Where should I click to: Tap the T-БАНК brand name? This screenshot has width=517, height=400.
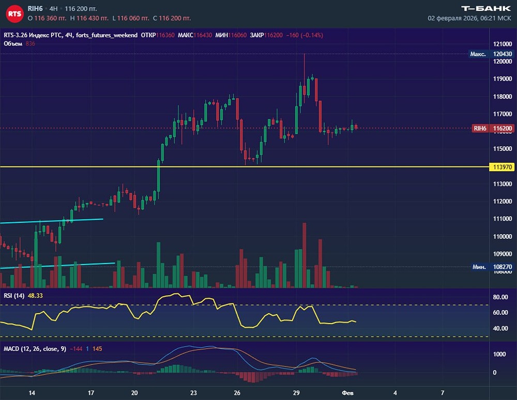(x=485, y=8)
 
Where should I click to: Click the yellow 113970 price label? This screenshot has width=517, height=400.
(x=503, y=167)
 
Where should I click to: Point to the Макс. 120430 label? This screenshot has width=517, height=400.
(x=488, y=54)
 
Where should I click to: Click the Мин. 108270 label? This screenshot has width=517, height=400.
(x=488, y=267)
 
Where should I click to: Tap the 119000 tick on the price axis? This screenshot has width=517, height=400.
(x=503, y=79)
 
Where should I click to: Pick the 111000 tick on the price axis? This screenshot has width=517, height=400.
(x=503, y=219)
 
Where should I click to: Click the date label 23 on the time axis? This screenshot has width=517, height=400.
(x=193, y=392)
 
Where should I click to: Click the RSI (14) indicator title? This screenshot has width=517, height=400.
(x=14, y=296)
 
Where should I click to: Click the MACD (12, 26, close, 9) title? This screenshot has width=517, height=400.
(x=35, y=349)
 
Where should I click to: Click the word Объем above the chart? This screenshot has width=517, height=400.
(x=12, y=43)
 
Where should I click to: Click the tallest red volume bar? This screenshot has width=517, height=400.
(x=305, y=255)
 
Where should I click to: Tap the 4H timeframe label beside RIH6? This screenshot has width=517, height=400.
(x=54, y=9)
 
